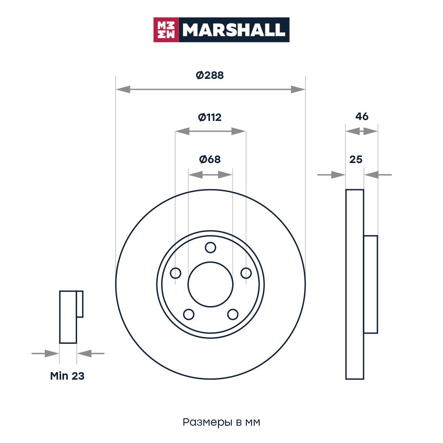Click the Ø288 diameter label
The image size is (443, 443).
coord(210,75)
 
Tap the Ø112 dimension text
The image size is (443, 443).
coord(210,117)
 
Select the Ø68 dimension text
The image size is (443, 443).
coord(210,159)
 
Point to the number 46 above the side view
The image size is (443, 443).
coord(361,117)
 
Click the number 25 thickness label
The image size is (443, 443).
coord(356,159)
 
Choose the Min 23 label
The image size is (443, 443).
coord(67,376)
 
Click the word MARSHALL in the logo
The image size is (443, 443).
coord(233,30)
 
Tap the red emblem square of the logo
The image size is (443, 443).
coord(166,30)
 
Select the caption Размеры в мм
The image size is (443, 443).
coord(221,422)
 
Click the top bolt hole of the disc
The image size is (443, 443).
coord(210,248)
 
